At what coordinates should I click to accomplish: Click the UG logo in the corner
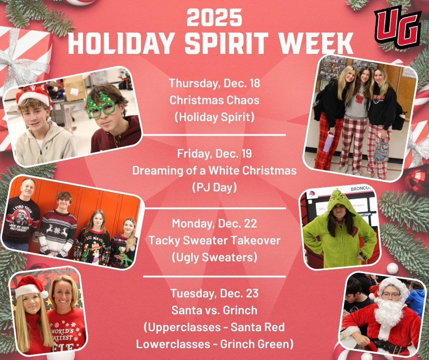[x=398, y=28]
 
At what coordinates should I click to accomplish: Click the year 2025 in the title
[x=214, y=19]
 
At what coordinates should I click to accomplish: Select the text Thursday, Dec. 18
[x=214, y=84]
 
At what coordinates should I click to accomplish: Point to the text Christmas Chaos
[x=214, y=100]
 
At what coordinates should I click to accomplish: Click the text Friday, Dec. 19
[x=214, y=154]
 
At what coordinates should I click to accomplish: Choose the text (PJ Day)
[x=214, y=188]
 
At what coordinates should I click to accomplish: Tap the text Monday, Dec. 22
[x=214, y=224]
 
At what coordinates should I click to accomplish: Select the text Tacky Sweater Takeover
[x=214, y=240]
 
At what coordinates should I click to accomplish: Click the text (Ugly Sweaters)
[x=214, y=257]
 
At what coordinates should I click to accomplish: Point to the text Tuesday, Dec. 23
[x=214, y=293]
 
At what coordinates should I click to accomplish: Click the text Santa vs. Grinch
[x=214, y=310]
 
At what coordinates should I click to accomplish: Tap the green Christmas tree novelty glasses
[x=101, y=106]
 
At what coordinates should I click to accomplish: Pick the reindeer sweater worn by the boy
[x=58, y=231]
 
